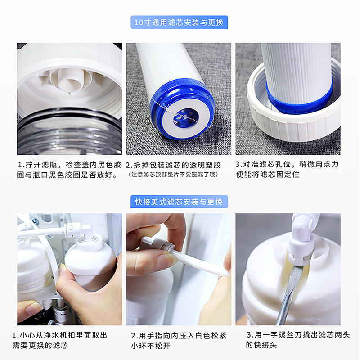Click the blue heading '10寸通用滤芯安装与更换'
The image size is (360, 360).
tap(179, 22)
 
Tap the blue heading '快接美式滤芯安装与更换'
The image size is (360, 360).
tap(179, 202)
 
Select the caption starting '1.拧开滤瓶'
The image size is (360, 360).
tap(69, 170)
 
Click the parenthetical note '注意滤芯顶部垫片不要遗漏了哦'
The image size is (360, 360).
tap(173, 175)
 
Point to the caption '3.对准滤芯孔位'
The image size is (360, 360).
tap(287, 169)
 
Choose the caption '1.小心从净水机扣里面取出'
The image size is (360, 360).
tap(60, 340)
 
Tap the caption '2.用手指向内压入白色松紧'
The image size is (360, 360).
tap(179, 341)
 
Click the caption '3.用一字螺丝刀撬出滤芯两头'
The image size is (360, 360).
tap(298, 340)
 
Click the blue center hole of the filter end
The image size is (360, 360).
tap(186, 117)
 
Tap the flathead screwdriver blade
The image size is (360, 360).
tap(290, 294)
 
